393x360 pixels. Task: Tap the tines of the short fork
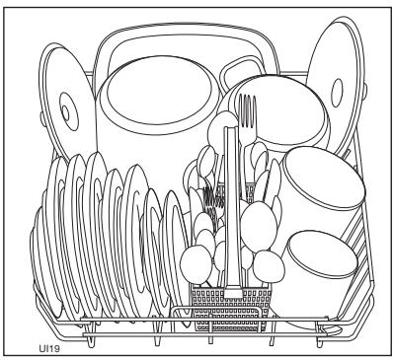[209, 197]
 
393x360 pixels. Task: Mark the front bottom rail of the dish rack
[197, 330]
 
